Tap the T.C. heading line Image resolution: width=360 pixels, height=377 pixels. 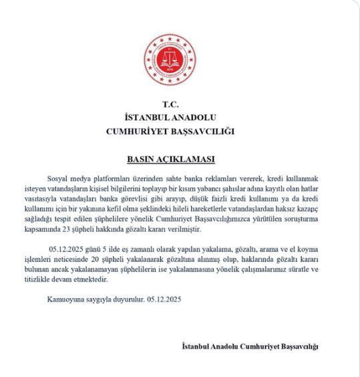point(171,105)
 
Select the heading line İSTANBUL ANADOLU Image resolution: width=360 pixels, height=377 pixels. point(171,118)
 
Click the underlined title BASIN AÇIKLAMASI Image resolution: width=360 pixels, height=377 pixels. point(171,160)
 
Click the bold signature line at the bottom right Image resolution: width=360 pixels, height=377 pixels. point(251,346)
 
